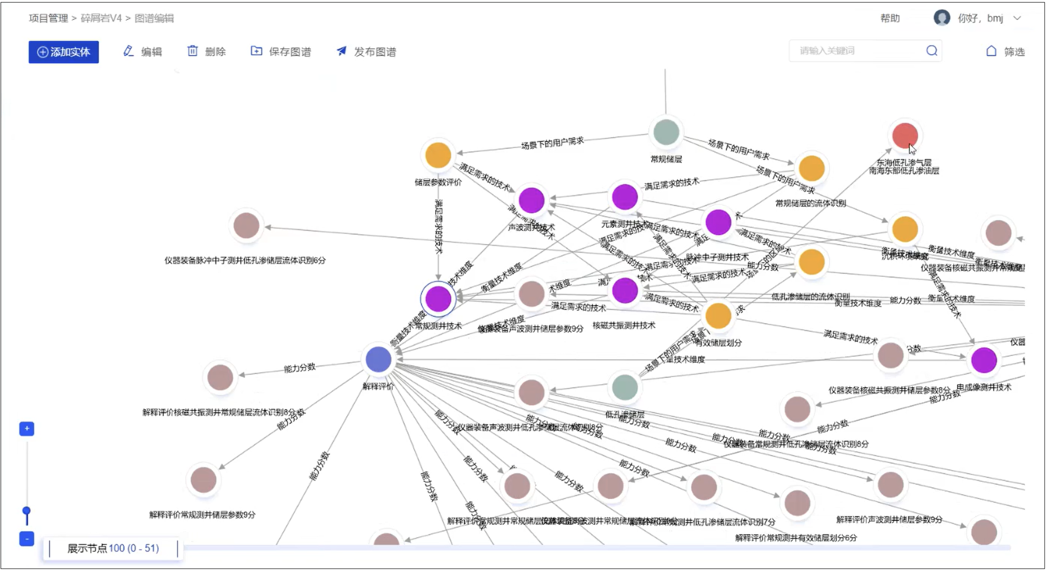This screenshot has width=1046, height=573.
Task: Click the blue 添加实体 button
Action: pyautogui.click(x=64, y=52)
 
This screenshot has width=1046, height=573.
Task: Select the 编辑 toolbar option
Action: pyautogui.click(x=143, y=52)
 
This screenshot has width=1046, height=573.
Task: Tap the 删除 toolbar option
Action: pyautogui.click(x=206, y=52)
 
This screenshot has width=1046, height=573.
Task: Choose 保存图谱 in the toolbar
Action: pyautogui.click(x=281, y=52)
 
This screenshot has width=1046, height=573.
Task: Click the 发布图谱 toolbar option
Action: pyautogui.click(x=367, y=52)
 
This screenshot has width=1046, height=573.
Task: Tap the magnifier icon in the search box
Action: pyautogui.click(x=932, y=51)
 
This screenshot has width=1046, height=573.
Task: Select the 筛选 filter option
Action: pyautogui.click(x=1005, y=52)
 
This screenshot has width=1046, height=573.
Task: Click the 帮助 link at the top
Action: pyautogui.click(x=890, y=19)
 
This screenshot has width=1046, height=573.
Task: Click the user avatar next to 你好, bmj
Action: pyautogui.click(x=942, y=18)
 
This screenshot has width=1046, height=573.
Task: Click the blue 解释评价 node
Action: pyautogui.click(x=378, y=359)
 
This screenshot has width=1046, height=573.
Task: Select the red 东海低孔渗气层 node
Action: pyautogui.click(x=905, y=136)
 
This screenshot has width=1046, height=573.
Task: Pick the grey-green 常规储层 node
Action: pyautogui.click(x=666, y=132)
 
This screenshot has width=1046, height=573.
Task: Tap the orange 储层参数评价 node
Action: pyautogui.click(x=438, y=155)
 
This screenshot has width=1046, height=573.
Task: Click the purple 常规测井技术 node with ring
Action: pyautogui.click(x=438, y=299)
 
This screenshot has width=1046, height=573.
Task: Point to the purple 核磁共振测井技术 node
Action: pyautogui.click(x=625, y=290)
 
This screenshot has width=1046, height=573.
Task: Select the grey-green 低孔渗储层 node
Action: pyautogui.click(x=625, y=387)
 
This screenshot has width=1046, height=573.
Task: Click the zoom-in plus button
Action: pyautogui.click(x=27, y=429)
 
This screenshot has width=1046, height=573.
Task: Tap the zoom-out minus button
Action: pyautogui.click(x=27, y=539)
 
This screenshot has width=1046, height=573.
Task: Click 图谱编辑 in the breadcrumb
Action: pyautogui.click(x=154, y=19)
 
